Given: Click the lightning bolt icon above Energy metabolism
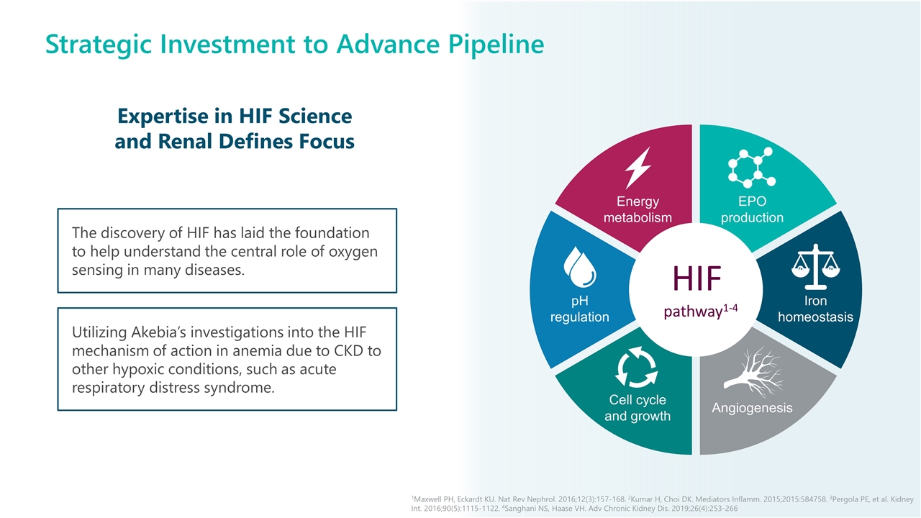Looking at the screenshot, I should pyautogui.click(x=638, y=168).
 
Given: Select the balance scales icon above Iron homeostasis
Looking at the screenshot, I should pyautogui.click(x=815, y=265).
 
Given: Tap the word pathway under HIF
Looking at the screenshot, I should pyautogui.click(x=692, y=312).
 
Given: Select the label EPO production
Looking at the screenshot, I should pyautogui.click(x=752, y=209).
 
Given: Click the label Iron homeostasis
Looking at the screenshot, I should pyautogui.click(x=815, y=309).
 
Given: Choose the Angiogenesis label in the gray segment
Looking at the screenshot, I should pyautogui.click(x=752, y=408).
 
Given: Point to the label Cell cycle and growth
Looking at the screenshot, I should pyautogui.click(x=638, y=408).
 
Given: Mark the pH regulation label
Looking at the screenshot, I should pyautogui.click(x=579, y=309).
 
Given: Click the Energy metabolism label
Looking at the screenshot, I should pyautogui.click(x=638, y=209).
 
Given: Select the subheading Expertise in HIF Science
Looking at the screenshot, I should pyautogui.click(x=235, y=116).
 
